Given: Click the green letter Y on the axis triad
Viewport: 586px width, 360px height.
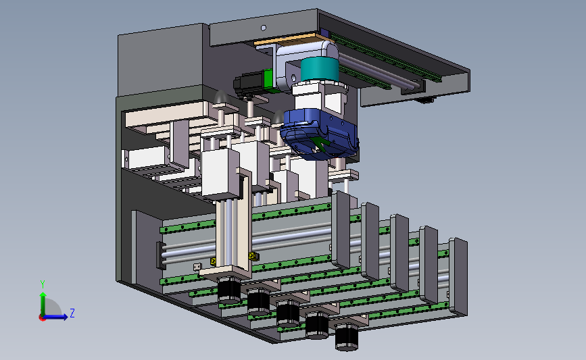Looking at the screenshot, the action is point(43,284).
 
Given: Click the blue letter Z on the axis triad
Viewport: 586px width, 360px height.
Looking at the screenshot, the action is point(72,313).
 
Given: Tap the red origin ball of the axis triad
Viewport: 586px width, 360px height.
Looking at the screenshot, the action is point(42,318).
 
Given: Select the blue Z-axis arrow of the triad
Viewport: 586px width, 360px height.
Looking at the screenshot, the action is point(56,317).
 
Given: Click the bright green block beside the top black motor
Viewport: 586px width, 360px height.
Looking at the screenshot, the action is point(268,80).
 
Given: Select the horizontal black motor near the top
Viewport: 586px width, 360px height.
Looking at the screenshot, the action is point(249,84).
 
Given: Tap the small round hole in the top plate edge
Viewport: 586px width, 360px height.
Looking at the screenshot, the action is point(264,28).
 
